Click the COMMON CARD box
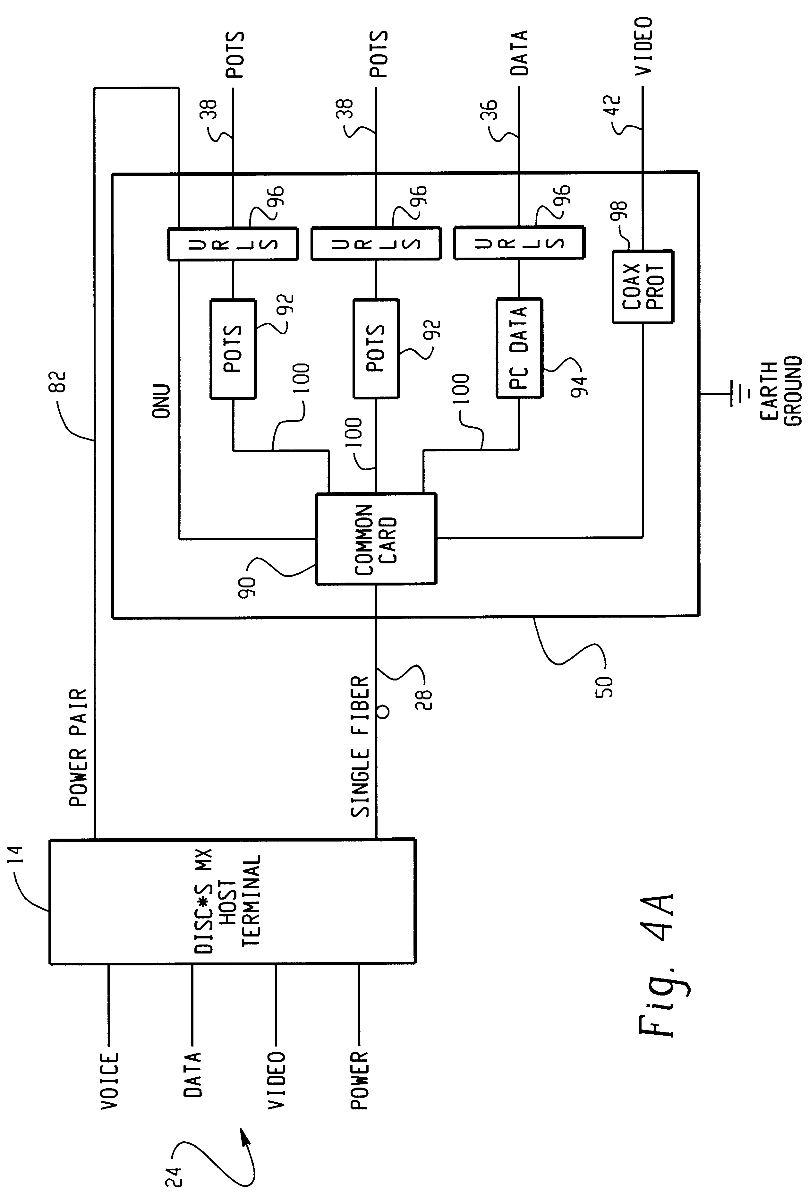click(x=376, y=539)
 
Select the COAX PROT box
click(x=643, y=287)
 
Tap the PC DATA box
click(x=519, y=348)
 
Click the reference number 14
click(x=17, y=855)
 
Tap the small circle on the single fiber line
click(x=383, y=712)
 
